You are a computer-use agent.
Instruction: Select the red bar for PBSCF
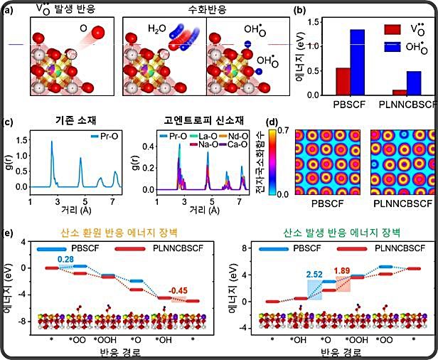pos(343,81)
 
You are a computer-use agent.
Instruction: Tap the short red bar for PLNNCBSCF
pos(400,92)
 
